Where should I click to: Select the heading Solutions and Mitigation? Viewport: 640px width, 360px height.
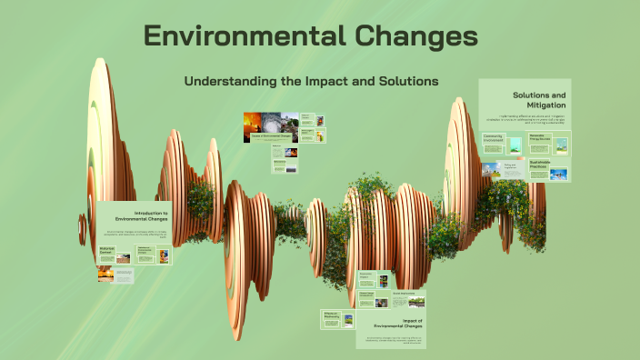(538, 99)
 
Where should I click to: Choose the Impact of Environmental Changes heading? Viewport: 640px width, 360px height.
(398, 325)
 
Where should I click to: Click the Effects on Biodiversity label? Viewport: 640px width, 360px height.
(331, 315)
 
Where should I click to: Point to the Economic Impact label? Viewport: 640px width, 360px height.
(366, 275)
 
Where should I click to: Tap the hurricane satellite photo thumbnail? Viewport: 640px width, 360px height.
(270, 126)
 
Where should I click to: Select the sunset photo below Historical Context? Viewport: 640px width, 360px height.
(106, 273)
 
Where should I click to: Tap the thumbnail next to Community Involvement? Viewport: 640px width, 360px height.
(515, 144)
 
